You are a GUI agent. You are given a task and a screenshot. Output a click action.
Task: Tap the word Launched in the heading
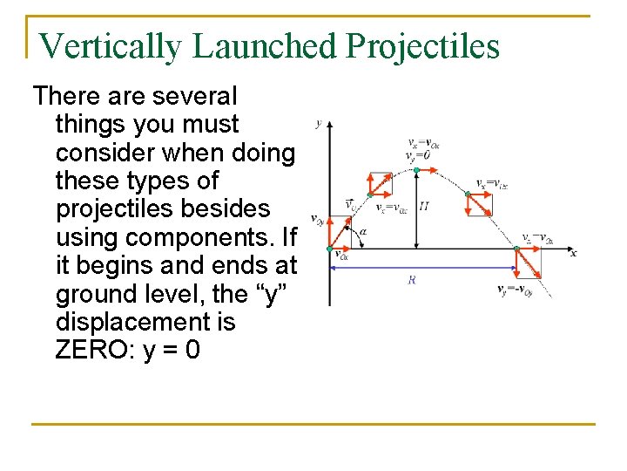pos(264,46)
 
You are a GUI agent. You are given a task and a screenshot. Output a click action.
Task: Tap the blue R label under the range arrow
pos(411,280)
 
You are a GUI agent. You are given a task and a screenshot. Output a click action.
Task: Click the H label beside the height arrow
pos(423,207)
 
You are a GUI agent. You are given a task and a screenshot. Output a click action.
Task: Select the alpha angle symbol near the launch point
pos(362,231)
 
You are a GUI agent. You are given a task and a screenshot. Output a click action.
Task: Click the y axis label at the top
pos(319,122)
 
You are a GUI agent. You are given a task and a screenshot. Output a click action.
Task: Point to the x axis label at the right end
pos(573,252)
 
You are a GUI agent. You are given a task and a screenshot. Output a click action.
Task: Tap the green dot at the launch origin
pos(329,249)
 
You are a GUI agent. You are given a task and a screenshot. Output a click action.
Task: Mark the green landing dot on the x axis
pos(517,249)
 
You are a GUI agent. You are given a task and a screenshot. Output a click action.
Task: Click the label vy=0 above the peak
pos(417,155)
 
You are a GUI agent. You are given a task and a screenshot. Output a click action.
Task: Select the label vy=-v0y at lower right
pos(515,290)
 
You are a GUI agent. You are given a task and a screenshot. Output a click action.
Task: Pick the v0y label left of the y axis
pos(318,219)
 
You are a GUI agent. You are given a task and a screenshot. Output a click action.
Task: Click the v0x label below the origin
pos(342,256)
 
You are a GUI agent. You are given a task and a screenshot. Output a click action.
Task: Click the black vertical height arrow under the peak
pos(417,209)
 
